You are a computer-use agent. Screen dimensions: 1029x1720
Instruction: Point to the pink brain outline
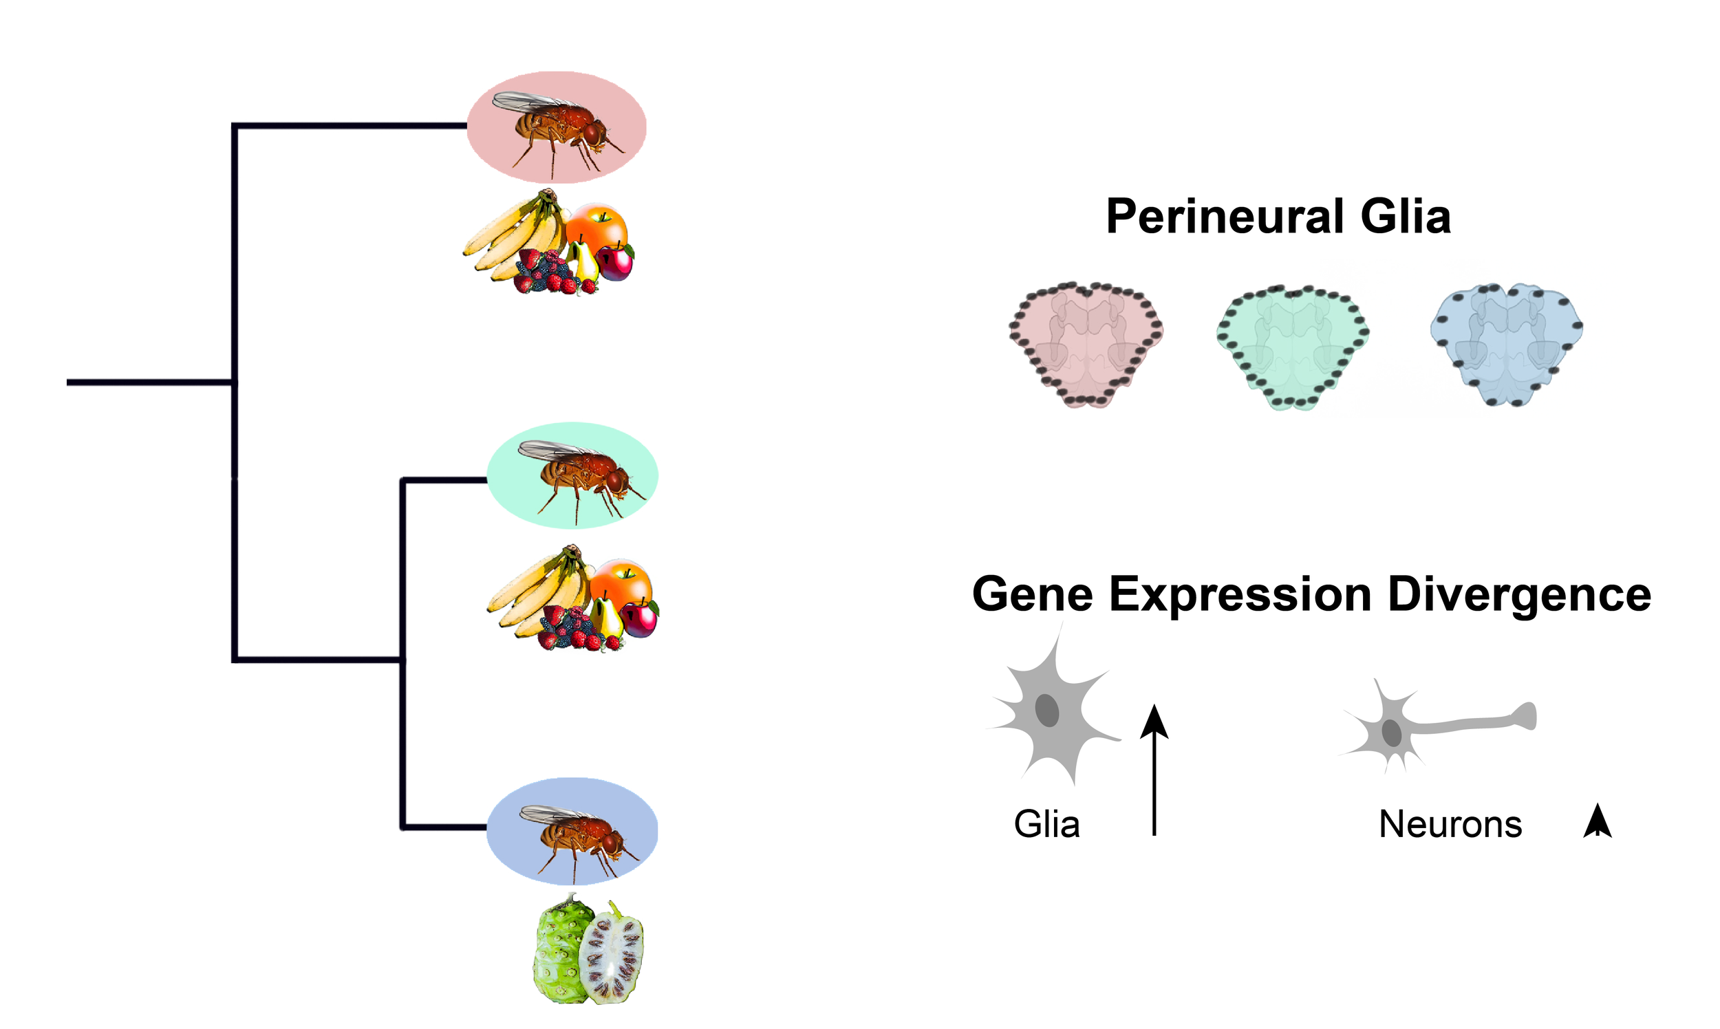tap(1086, 344)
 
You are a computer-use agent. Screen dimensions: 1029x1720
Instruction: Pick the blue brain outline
tap(1507, 343)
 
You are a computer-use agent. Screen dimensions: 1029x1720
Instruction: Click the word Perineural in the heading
tap(1224, 217)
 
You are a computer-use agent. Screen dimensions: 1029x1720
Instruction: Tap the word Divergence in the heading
tap(1519, 595)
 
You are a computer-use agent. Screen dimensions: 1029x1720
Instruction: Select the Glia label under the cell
tap(1046, 825)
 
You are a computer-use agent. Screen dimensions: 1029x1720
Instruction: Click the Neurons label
tap(1450, 825)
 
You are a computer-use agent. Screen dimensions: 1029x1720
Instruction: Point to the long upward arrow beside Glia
tap(1154, 770)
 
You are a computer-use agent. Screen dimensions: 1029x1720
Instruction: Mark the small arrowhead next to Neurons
tap(1598, 821)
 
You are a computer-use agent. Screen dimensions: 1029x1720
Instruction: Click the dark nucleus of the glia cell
tap(1047, 711)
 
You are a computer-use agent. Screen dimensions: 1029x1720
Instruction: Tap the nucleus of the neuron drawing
tap(1391, 733)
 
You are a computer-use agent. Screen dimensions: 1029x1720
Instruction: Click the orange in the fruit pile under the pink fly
tap(598, 224)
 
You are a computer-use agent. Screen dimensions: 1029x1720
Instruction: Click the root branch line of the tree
tap(149, 382)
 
